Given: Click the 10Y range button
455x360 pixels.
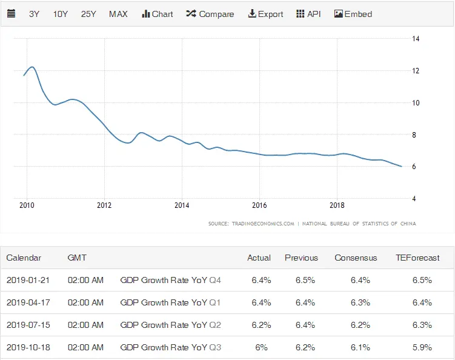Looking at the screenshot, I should pos(61,14).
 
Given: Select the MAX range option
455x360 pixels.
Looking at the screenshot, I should pos(118,14).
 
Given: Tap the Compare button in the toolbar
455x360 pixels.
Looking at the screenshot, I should pos(210,14).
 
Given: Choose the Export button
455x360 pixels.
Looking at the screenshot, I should pos(265,14).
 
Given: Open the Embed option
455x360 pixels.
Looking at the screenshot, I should pos(353,14).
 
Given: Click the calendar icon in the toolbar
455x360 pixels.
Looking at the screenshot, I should pos(12,14).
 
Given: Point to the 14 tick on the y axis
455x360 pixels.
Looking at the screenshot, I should pos(416,39).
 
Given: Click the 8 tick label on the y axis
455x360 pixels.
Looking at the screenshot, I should pos(416,135).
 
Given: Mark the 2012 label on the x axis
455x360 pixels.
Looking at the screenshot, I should pos(104,205).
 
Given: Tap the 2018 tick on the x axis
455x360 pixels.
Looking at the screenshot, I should pos(337,205).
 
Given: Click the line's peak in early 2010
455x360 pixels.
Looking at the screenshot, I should pos(32,67).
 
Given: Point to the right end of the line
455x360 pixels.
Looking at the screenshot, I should pos(401,166).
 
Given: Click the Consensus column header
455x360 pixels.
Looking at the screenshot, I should pos(356,258).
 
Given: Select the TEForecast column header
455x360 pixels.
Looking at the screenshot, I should pos(417,258).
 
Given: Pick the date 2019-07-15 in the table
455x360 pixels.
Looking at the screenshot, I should pos(28,325).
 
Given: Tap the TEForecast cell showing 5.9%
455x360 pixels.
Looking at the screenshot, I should pos(422,347).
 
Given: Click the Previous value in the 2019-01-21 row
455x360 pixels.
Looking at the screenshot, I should pos(301,280).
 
